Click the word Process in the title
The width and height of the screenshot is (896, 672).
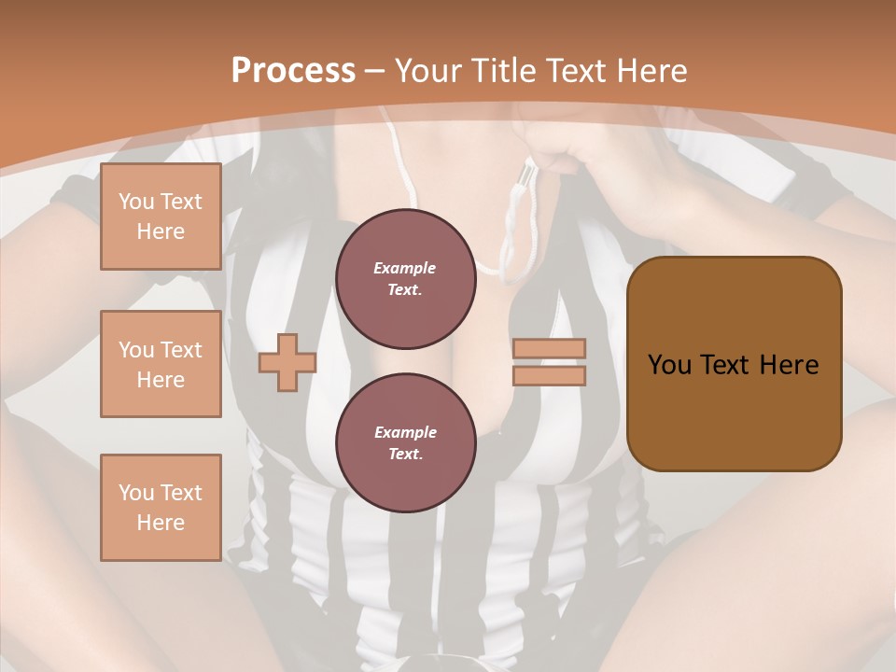point(293,71)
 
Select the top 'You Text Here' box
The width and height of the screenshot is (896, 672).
point(161,217)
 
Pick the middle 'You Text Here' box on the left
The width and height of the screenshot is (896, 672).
point(161,364)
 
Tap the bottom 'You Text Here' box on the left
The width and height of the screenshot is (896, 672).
point(161,507)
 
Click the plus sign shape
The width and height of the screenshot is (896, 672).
point(287,362)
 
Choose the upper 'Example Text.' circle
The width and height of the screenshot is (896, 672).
point(405,278)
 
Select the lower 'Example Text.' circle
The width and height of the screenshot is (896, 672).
point(405,442)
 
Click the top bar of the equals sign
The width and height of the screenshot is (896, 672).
point(549,348)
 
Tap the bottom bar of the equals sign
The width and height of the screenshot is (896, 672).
point(549,375)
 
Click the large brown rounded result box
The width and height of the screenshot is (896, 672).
point(734,363)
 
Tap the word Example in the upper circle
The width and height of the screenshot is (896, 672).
point(405,268)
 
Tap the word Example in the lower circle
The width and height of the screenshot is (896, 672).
point(405,432)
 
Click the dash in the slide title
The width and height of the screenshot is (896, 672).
point(374,71)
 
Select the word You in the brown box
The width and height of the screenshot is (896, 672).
point(669,364)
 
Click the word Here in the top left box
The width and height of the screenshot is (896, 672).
point(161,231)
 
